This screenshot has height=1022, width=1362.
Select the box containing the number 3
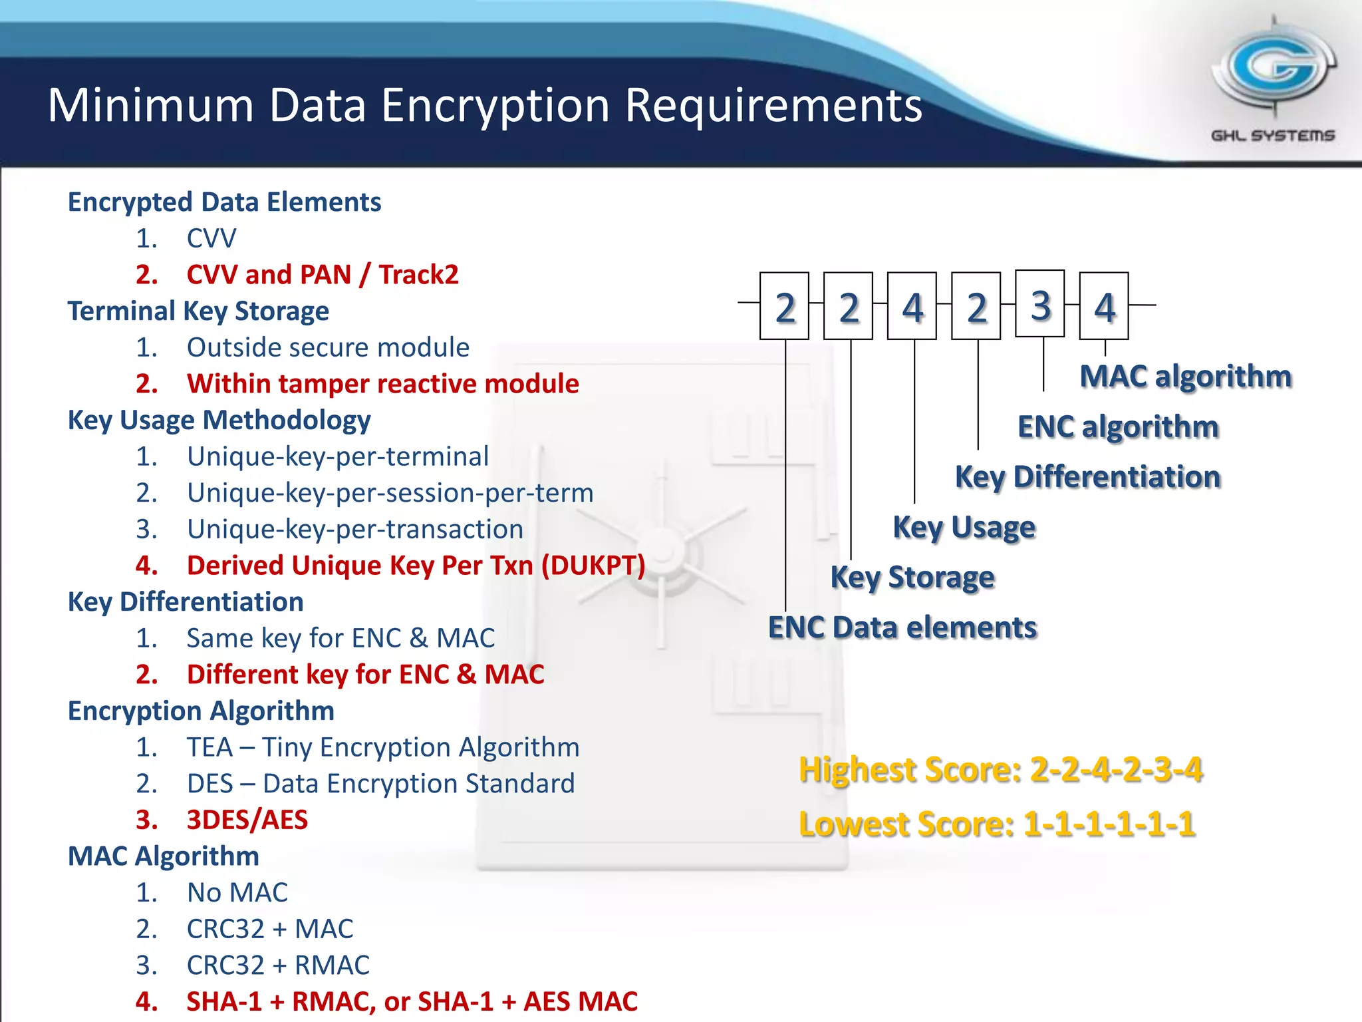pos(1040,304)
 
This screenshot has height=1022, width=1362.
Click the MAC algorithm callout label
pos(1185,377)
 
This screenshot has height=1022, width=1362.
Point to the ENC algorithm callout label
pos(1118,427)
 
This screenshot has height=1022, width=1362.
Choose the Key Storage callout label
pos(912,578)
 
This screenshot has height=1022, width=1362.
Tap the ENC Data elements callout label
pos(902,627)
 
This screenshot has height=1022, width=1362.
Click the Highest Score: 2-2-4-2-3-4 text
pos(1000,770)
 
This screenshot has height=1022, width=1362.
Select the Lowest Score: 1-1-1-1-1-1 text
pos(997,824)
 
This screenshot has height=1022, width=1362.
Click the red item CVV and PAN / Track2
pos(322,275)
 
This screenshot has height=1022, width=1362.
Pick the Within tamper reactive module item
pos(382,384)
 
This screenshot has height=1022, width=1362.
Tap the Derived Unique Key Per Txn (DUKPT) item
pos(416,566)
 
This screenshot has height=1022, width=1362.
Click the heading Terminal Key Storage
pos(198,311)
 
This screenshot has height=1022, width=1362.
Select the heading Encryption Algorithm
pos(201,711)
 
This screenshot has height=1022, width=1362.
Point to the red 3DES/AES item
pos(247,820)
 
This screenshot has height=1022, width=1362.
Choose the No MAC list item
pos(237,893)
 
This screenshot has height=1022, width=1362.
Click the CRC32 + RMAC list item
pos(278,965)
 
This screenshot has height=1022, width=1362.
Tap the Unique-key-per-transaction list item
pos(354,530)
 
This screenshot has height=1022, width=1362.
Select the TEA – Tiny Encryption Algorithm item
pos(382,747)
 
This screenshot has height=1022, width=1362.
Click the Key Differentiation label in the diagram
pos(1087,477)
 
